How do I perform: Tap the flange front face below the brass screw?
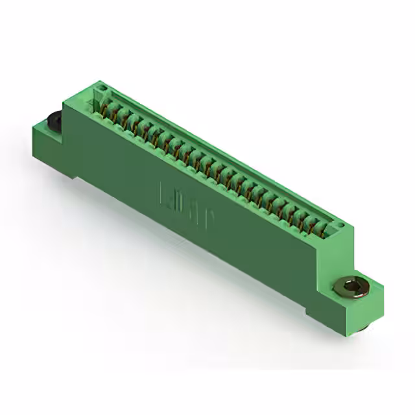click(340, 314)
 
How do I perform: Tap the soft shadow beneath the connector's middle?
click(195, 272)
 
